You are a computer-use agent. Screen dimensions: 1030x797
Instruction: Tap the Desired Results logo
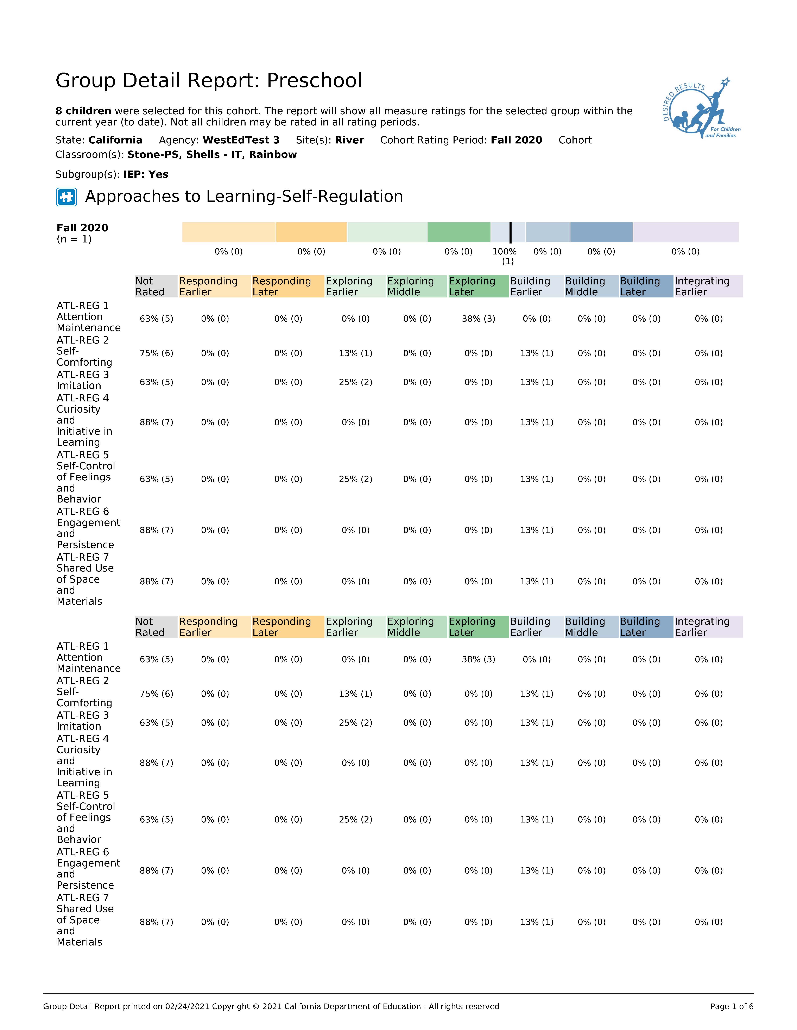(697, 109)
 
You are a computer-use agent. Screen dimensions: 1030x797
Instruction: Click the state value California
(115, 140)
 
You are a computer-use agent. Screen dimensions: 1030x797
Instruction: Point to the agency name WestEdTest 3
(241, 140)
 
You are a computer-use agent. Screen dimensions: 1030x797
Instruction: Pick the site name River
(349, 140)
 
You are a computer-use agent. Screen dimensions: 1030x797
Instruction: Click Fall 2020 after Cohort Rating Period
(516, 140)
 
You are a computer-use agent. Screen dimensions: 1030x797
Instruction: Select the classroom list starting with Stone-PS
(212, 155)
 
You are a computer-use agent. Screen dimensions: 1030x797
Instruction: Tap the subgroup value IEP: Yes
(146, 174)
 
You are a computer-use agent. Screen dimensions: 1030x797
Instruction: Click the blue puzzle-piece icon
(67, 197)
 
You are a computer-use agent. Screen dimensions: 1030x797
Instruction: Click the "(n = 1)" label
(74, 239)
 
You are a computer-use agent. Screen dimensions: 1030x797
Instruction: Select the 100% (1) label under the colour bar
(505, 256)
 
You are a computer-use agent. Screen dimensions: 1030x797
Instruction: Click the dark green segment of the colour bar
(458, 232)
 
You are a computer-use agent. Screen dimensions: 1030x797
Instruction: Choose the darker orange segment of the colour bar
(311, 232)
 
